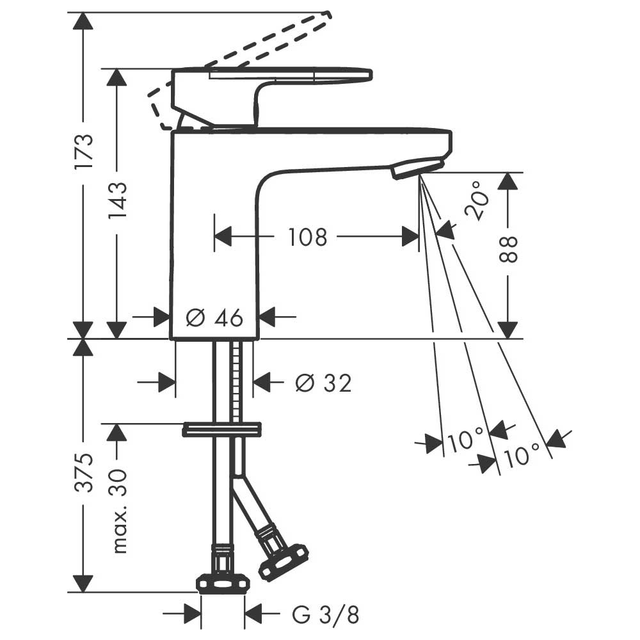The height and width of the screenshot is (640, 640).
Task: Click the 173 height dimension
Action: coord(84,150)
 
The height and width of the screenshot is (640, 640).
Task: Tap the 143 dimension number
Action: coord(118,200)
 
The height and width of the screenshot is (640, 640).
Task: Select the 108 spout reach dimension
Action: coord(308,237)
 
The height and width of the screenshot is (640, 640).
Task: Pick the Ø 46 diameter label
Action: coord(214,317)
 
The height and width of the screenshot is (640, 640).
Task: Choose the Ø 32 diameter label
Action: coord(324,383)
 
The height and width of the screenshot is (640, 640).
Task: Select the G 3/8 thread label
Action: coord(325,614)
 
